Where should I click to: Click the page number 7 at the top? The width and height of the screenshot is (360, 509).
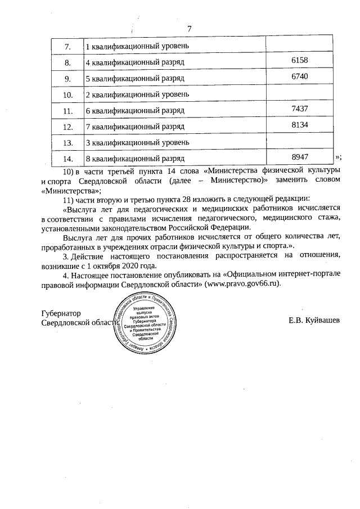pyautogui.click(x=190, y=29)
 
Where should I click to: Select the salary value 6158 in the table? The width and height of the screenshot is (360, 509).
pyautogui.click(x=301, y=60)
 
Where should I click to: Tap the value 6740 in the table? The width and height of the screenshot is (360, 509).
pyautogui.click(x=301, y=76)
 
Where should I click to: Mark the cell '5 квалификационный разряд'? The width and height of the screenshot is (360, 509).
pyautogui.click(x=135, y=77)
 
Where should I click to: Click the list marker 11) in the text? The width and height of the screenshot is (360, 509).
pyautogui.click(x=68, y=199)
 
